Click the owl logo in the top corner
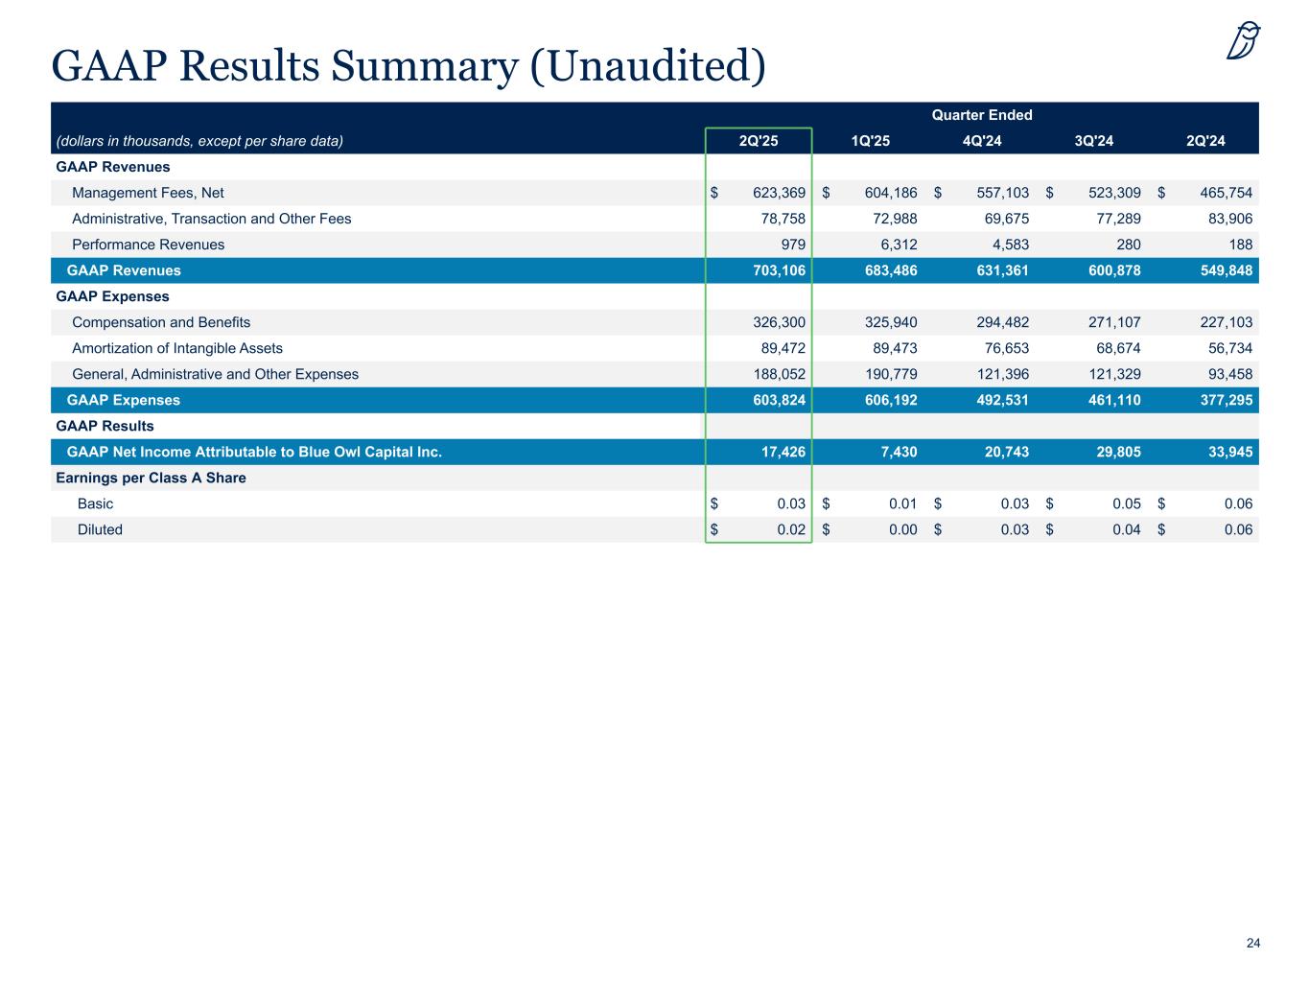point(1243,40)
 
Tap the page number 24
point(1252,944)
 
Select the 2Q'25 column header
point(759,142)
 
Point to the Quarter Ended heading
point(982,115)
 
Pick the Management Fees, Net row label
point(148,193)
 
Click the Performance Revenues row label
point(148,245)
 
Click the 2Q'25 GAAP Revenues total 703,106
point(777,270)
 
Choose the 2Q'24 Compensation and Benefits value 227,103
point(1219,322)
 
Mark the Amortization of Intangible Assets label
point(177,348)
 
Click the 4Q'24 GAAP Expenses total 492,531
point(995,400)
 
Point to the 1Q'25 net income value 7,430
point(899,452)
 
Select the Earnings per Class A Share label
point(151,478)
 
